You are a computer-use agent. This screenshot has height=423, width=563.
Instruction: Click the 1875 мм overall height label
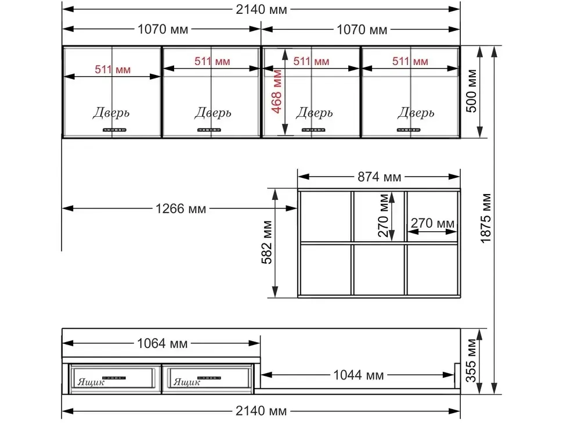tap(485, 218)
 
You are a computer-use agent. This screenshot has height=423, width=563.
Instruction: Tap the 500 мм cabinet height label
tap(471, 91)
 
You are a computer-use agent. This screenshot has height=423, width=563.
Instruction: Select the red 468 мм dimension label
tap(277, 91)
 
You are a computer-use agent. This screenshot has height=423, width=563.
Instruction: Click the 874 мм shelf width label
tap(379, 177)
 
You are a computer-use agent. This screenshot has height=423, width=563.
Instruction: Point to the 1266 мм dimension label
tap(181, 209)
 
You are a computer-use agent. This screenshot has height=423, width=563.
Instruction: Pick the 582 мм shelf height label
tap(267, 242)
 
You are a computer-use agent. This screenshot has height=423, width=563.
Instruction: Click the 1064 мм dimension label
tap(163, 343)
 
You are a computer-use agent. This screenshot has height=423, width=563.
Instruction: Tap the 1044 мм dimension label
tap(358, 375)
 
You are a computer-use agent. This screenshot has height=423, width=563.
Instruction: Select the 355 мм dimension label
tap(471, 360)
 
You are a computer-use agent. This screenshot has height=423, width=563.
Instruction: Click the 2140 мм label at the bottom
tap(261, 411)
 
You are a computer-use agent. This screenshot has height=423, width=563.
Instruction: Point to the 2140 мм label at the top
tap(261, 10)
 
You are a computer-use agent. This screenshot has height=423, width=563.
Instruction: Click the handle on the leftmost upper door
tap(114, 130)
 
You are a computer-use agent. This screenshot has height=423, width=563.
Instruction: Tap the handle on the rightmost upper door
tap(409, 130)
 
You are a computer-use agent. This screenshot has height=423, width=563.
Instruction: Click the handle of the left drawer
tap(114, 378)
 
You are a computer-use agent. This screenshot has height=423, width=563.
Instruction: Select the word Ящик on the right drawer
tap(187, 382)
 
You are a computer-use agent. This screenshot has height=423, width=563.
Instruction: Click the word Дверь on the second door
tap(213, 113)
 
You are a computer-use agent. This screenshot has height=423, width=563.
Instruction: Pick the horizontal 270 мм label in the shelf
tap(432, 223)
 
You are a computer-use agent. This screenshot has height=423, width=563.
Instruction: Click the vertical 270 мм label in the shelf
tap(384, 216)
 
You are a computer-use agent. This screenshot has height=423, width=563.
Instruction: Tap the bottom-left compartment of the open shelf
tap(325, 270)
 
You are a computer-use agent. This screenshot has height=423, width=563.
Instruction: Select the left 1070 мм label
tap(163, 29)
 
